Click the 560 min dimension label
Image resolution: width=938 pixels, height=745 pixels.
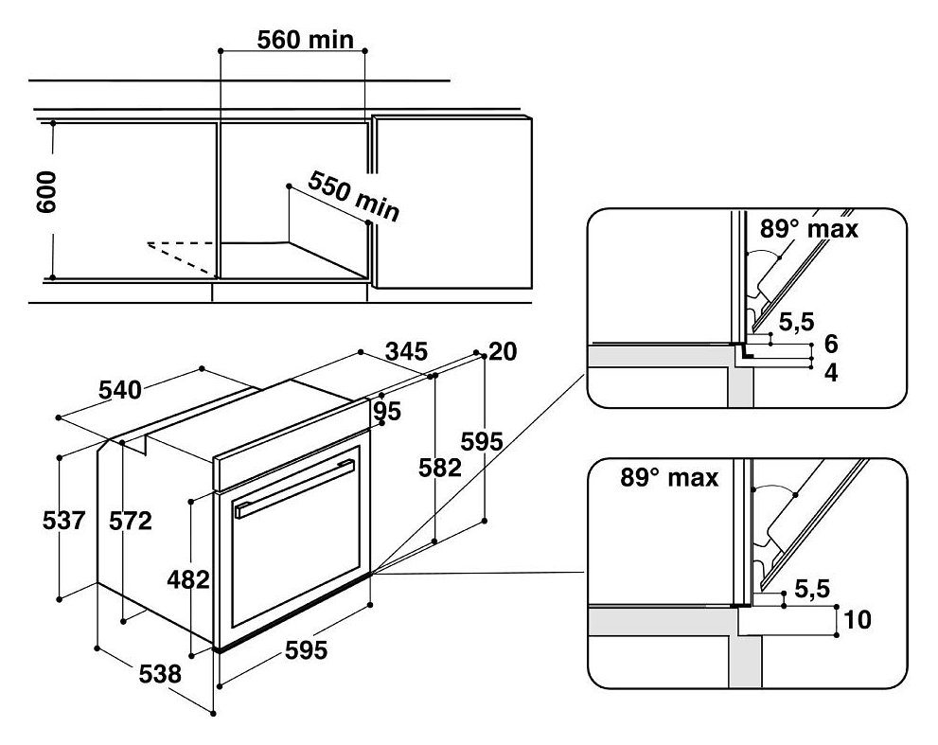pos(305,40)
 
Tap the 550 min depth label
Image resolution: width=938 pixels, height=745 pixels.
pos(353,196)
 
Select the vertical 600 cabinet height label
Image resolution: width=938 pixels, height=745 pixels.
pos(46,192)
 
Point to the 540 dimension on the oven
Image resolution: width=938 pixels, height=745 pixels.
pos(120,390)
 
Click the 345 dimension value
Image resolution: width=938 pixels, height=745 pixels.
pos(406,351)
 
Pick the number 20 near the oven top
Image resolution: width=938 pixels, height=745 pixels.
pos(503,352)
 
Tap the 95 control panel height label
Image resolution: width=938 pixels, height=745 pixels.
pos(387,412)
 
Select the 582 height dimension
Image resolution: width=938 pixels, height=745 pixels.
pos(440,468)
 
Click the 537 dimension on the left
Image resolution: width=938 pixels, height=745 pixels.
pos(64,520)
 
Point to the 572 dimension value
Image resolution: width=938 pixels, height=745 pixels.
pos(131,521)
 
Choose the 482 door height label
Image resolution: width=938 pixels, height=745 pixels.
pos(188,580)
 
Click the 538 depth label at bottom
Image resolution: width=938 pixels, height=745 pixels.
pos(160,674)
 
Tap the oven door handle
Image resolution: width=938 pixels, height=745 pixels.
pos(295,488)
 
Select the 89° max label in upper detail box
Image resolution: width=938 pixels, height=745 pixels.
pos(808,228)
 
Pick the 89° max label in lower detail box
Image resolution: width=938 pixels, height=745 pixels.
pos(669,477)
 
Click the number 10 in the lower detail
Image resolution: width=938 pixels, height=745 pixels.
pos(857,619)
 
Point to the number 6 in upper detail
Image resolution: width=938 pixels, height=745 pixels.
pos(832,344)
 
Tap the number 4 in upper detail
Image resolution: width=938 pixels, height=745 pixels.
pos(832,373)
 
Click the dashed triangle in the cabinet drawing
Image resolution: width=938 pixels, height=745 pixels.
pos(181,258)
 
